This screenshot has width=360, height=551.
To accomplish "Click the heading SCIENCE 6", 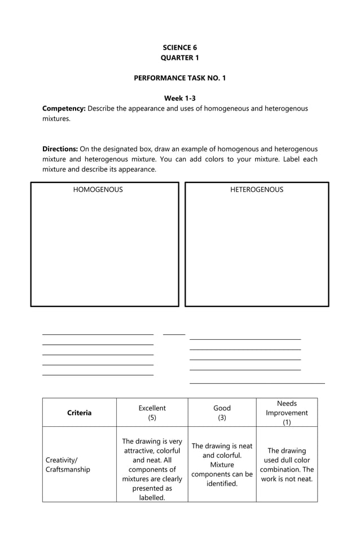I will [x=179, y=48].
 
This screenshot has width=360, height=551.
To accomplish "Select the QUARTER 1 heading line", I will [x=179, y=58].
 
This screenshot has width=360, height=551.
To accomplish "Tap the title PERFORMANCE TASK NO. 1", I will [x=179, y=78].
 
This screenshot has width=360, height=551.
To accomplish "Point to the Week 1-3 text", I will [x=179, y=98].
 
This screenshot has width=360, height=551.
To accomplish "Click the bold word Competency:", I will [x=64, y=108].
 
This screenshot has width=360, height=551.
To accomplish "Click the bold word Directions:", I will [x=60, y=149].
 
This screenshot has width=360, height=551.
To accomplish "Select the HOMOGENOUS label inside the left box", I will [x=98, y=190].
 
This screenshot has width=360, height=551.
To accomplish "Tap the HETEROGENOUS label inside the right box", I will [x=257, y=190].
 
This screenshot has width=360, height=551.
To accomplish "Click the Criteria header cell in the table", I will [x=79, y=413].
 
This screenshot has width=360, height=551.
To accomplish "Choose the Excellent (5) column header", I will [x=152, y=413].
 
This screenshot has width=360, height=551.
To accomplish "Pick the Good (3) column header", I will [x=222, y=413].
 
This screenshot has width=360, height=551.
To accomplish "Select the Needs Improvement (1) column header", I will [x=287, y=413].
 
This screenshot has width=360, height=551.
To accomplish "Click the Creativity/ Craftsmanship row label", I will [x=67, y=465].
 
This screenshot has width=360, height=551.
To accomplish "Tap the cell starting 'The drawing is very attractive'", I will [x=152, y=469].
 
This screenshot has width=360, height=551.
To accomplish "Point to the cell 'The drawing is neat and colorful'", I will [x=222, y=465].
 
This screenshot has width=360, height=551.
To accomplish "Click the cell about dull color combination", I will [x=287, y=465].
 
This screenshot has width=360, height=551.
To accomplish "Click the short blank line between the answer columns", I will [x=174, y=335].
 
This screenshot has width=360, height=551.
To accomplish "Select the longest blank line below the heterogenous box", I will [x=257, y=384].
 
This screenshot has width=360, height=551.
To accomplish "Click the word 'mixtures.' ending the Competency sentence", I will [x=56, y=119].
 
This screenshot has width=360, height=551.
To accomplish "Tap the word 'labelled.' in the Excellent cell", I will [x=152, y=497].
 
